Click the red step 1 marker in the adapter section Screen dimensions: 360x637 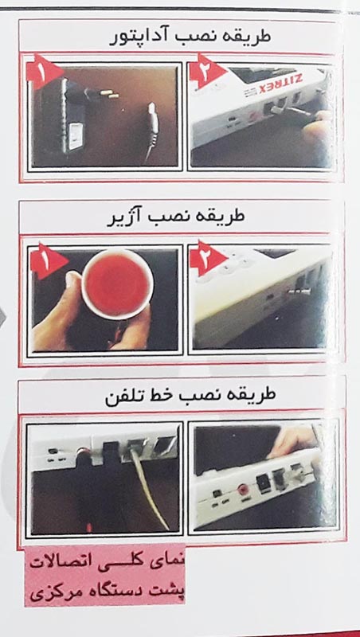[x=44, y=72]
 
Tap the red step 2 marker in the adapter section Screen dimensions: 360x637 [x=207, y=70]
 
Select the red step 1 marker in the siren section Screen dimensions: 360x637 [x=47, y=262]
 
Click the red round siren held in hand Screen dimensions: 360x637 [x=118, y=283]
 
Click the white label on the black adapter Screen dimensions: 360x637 [x=76, y=136]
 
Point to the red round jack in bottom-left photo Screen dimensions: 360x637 [x=84, y=451]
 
